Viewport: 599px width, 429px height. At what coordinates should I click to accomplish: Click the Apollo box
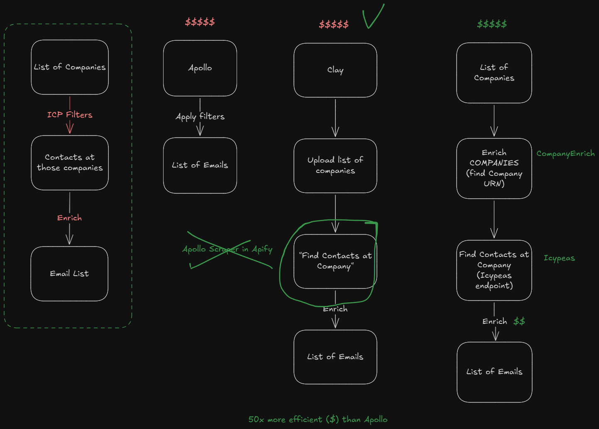pos(200,68)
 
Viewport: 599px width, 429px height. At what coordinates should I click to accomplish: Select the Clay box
pos(335,70)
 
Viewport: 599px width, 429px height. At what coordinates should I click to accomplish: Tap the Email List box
pos(69,274)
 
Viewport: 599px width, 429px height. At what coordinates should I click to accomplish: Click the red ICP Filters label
pos(69,115)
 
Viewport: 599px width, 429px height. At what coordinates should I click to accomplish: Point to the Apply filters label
pos(200,116)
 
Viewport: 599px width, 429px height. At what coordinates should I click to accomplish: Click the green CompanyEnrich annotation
pos(565,153)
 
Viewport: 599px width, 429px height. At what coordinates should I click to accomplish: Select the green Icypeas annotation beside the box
pos(559,258)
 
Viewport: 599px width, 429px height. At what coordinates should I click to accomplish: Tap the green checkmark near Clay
pos(373,16)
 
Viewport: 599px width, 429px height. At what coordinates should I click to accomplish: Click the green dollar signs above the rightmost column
pos(492,24)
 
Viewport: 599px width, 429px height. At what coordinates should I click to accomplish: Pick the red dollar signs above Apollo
pos(200,22)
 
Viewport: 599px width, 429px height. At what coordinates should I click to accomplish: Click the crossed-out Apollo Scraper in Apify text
pos(227,249)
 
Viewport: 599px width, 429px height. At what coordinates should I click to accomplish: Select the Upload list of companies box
pos(335,165)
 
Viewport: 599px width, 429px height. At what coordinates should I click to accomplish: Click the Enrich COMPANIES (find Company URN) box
pos(494,168)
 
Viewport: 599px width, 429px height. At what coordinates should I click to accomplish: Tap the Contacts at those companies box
pos(69,163)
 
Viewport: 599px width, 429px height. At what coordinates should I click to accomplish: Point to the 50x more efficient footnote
pos(318,419)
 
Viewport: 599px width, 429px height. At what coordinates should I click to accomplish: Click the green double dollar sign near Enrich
pos(519,321)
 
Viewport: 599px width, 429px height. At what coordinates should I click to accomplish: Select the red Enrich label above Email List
pos(69,218)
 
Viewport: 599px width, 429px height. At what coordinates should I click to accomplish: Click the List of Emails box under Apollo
pos(200,165)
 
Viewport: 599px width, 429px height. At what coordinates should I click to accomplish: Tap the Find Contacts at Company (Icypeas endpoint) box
pos(494,270)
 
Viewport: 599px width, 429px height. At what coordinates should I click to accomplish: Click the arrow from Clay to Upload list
pos(335,118)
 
